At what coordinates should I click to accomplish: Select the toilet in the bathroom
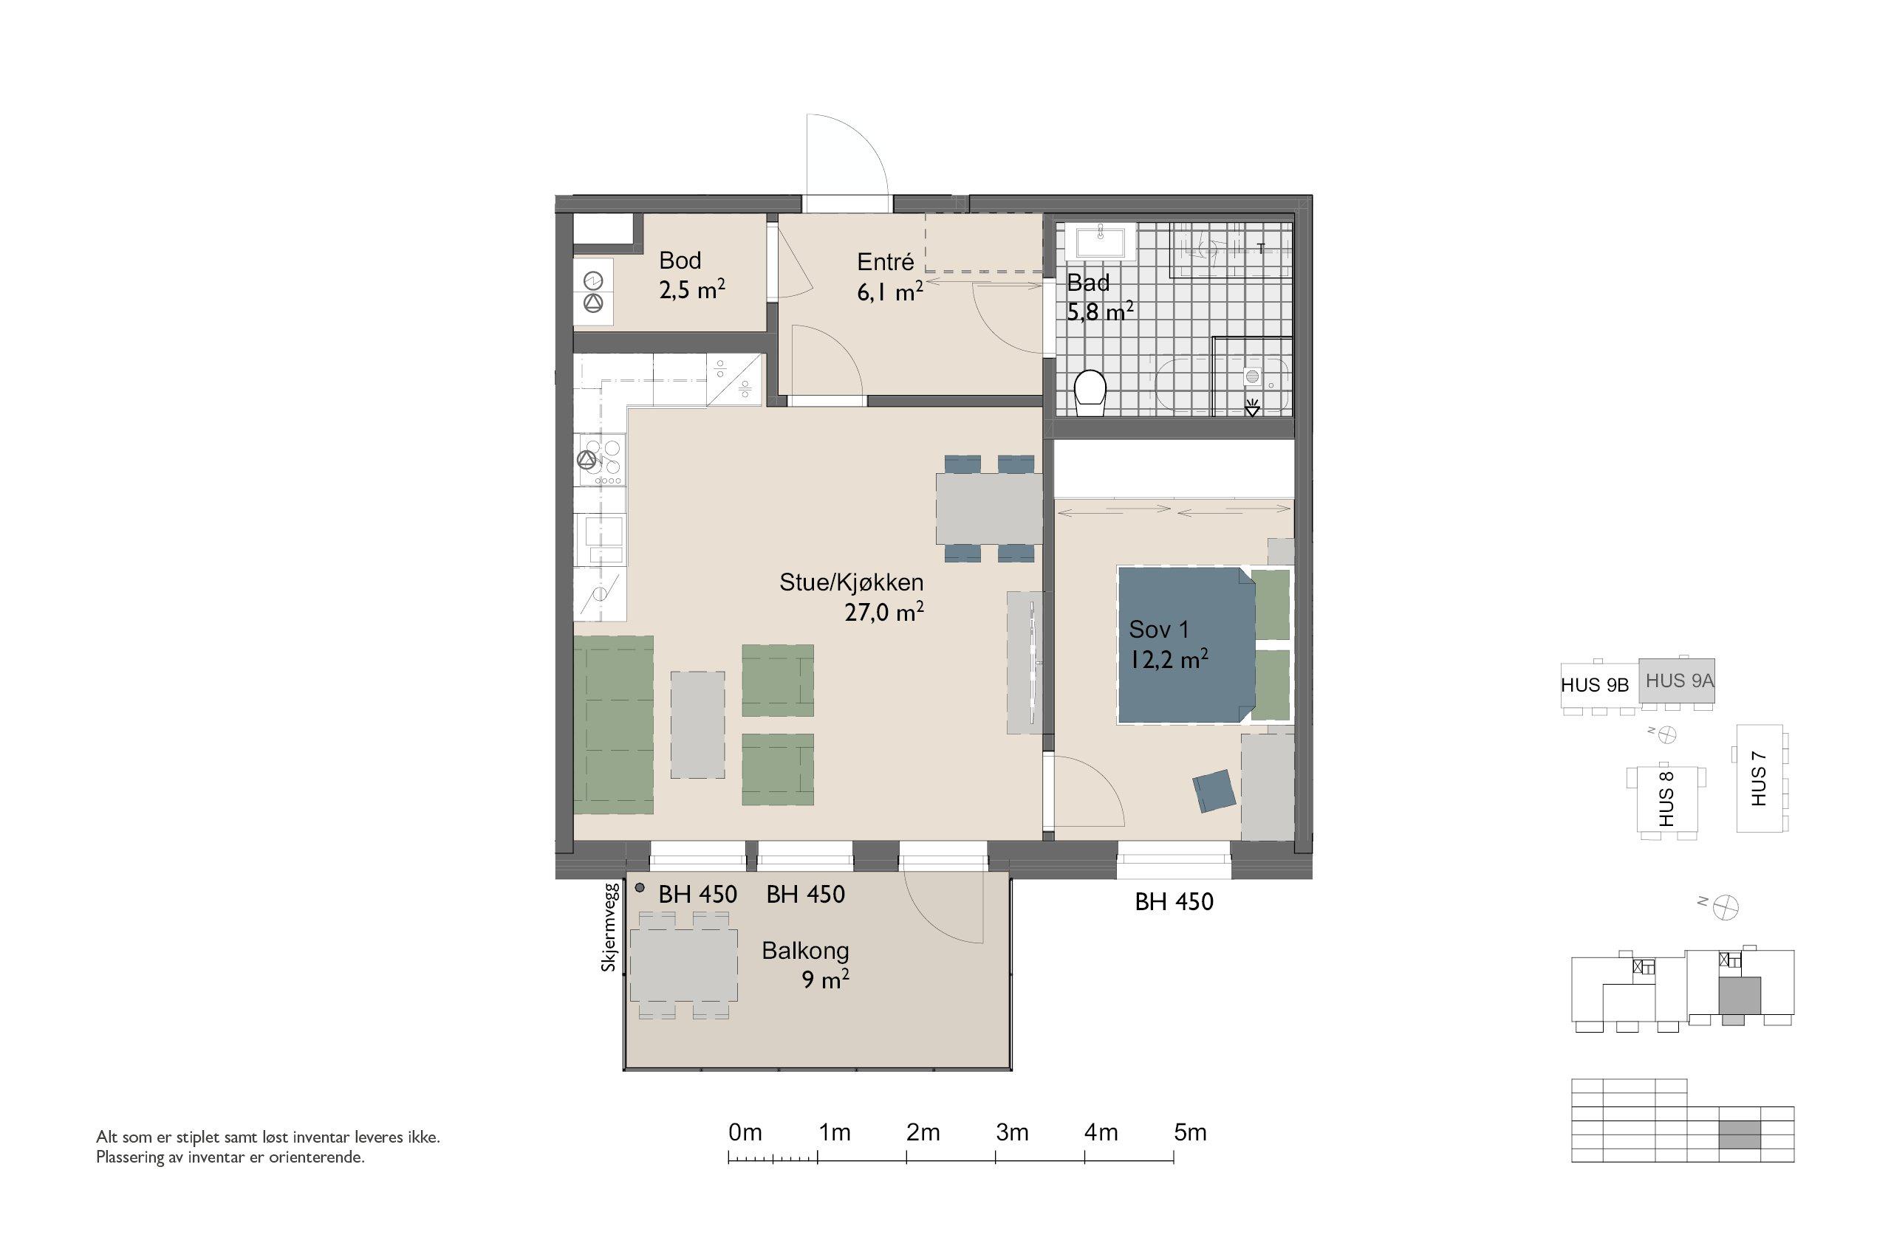point(1090,392)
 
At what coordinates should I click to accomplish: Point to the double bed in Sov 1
point(1186,644)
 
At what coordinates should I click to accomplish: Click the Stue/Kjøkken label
point(852,582)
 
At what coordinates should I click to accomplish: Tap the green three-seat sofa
point(612,724)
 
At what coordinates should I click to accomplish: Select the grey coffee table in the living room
point(697,724)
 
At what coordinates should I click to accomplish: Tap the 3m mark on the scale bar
point(1011,1133)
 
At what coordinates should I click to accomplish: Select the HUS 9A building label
point(1680,681)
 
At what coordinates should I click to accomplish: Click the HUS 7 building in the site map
point(1760,778)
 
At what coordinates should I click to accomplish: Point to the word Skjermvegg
point(609,927)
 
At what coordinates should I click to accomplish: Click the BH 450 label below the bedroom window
point(1174,901)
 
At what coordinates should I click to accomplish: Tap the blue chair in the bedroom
point(1214,791)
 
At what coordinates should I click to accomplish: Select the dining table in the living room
point(989,508)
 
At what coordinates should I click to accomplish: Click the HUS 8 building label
point(1666,798)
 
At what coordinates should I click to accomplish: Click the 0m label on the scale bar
point(745,1133)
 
